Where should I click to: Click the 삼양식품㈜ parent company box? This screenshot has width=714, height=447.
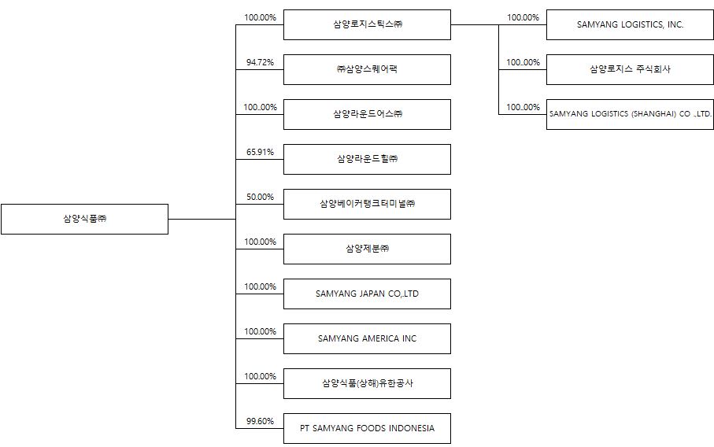pyautogui.click(x=84, y=219)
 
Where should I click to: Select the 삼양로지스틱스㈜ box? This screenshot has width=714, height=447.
pyautogui.click(x=367, y=24)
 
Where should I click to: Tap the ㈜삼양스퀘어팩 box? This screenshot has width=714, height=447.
pyautogui.click(x=367, y=69)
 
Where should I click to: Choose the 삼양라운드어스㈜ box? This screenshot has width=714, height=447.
pyautogui.click(x=367, y=114)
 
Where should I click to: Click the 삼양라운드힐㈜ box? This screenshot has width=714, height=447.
pyautogui.click(x=367, y=159)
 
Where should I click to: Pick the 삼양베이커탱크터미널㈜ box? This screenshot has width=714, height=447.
pyautogui.click(x=367, y=204)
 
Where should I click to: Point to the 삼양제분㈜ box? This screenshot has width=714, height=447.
pyautogui.click(x=367, y=249)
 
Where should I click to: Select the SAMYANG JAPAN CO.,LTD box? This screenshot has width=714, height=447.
pyautogui.click(x=367, y=294)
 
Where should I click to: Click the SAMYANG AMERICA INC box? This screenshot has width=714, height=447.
pyautogui.click(x=367, y=338)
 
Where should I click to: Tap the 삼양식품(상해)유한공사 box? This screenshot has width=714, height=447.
pyautogui.click(x=367, y=383)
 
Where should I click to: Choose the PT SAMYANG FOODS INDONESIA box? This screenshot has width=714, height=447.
pyautogui.click(x=367, y=428)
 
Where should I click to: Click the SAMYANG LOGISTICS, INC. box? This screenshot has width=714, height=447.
pyautogui.click(x=630, y=24)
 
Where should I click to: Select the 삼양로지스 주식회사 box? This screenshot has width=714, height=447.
pyautogui.click(x=630, y=69)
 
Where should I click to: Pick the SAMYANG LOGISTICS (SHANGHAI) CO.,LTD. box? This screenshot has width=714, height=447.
pyautogui.click(x=630, y=114)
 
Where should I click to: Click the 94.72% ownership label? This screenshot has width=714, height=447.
pyautogui.click(x=260, y=61)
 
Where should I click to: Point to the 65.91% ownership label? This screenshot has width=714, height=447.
pyautogui.click(x=260, y=152)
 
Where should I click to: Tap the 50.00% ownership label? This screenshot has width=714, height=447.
pyautogui.click(x=260, y=197)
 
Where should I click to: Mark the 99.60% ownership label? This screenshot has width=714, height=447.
pyautogui.click(x=260, y=421)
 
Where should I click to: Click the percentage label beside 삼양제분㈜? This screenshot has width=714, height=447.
pyautogui.click(x=260, y=242)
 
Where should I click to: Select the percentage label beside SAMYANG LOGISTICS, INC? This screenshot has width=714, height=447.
pyautogui.click(x=523, y=17)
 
